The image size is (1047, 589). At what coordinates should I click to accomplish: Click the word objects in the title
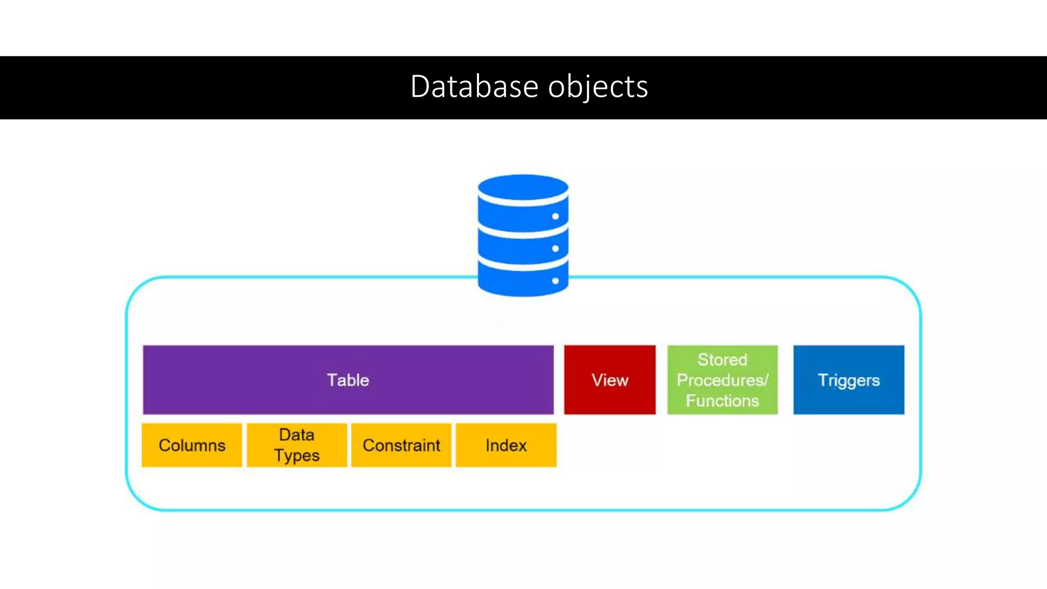tap(598, 87)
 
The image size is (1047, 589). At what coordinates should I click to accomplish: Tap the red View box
tap(609, 380)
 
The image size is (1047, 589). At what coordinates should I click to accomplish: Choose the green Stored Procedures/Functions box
tap(722, 380)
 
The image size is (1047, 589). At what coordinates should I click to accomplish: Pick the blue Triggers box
tap(849, 380)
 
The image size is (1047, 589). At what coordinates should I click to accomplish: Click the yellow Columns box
tap(192, 445)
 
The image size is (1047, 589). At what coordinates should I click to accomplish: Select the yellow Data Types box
tap(297, 445)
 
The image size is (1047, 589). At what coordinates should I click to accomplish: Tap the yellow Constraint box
tap(401, 445)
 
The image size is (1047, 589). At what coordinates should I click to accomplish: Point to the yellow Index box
tap(506, 445)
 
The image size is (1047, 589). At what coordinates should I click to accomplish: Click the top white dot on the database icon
tap(555, 216)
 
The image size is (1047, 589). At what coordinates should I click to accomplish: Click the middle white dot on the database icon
tap(555, 248)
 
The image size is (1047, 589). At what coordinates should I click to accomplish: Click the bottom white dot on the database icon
tap(555, 281)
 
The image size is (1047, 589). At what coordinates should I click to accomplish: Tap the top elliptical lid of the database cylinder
tap(522, 186)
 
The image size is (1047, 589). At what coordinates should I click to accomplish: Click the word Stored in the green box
tap(722, 360)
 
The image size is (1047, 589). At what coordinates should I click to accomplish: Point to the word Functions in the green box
tap(722, 401)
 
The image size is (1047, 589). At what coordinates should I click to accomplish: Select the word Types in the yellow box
tap(297, 456)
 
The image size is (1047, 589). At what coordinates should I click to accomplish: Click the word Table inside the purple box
tap(348, 380)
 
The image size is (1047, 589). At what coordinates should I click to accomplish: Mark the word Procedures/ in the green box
tap(722, 380)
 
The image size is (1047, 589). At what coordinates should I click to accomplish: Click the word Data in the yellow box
tap(297, 435)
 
